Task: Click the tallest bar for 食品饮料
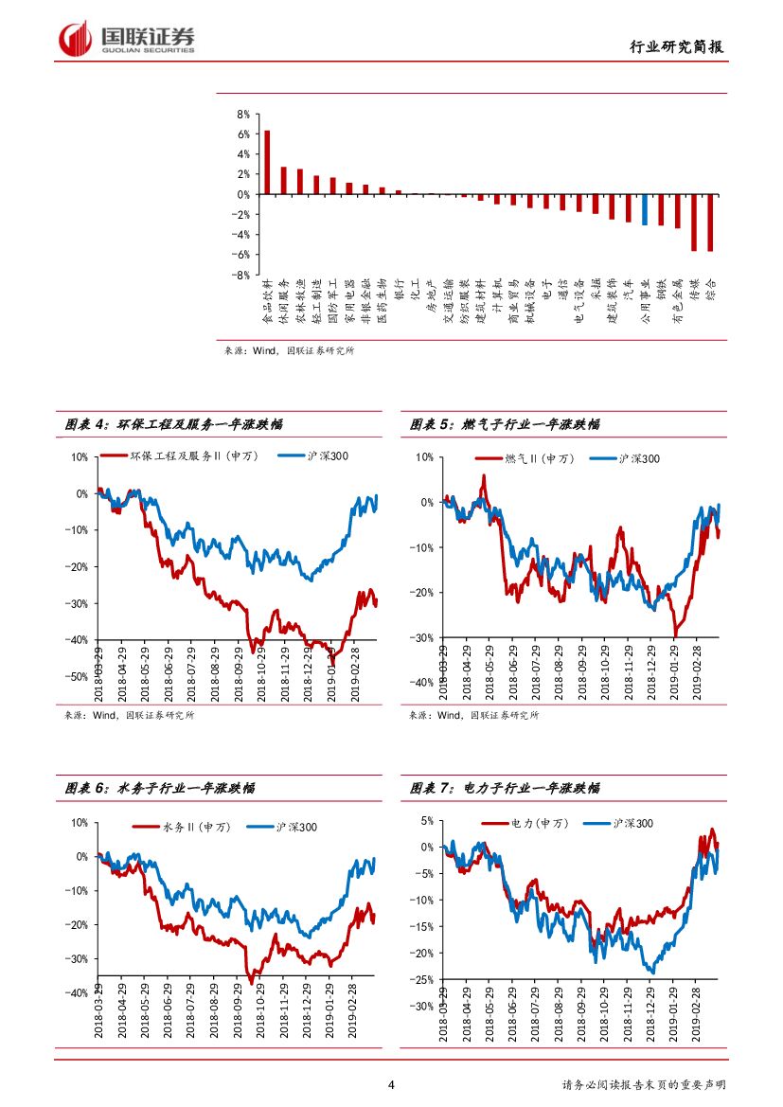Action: coord(267,162)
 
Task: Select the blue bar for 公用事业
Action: coord(645,209)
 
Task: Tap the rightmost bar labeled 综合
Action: coord(710,223)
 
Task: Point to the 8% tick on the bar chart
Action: coord(242,114)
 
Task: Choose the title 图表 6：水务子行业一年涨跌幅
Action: coord(160,788)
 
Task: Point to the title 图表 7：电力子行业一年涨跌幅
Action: coord(505,788)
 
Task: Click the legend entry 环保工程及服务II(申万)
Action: coord(186,456)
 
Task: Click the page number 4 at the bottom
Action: coord(391,1085)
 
